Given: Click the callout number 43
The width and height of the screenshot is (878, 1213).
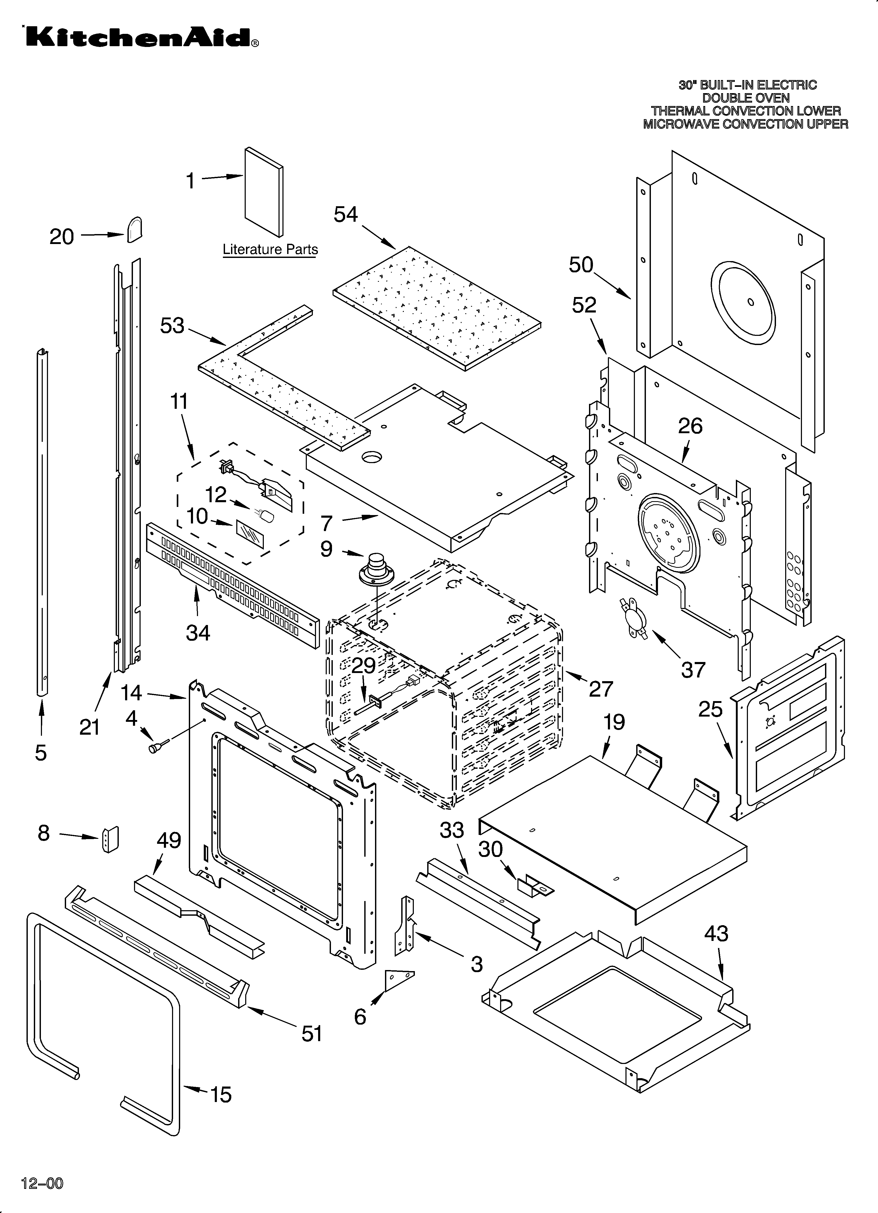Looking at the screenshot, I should [x=716, y=934].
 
